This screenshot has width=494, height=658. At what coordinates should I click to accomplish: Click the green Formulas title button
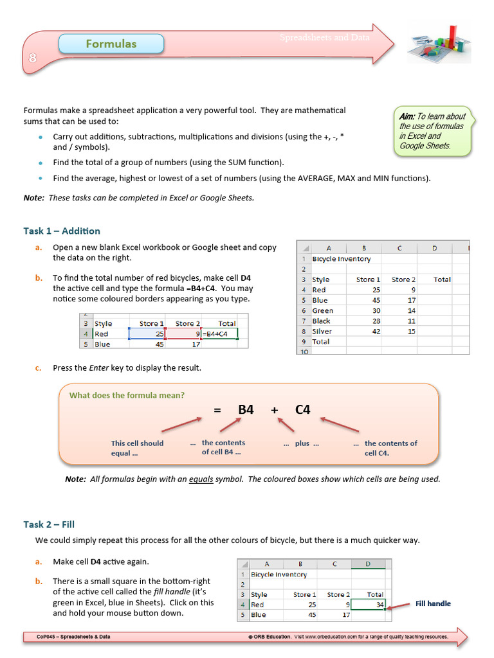coord(111,44)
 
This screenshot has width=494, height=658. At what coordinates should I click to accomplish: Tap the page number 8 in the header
coord(32,58)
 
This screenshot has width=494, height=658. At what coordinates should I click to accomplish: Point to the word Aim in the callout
coord(407,116)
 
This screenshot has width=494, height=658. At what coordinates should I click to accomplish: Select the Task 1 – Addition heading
coord(62,231)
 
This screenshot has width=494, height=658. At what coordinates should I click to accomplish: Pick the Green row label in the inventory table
coord(323,311)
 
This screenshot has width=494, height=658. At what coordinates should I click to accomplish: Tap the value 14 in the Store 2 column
coord(411,311)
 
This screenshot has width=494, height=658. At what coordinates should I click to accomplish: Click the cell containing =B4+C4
coord(219,334)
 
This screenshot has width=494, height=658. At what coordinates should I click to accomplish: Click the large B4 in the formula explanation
coord(246,409)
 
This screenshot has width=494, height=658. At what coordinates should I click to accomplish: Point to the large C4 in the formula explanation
coord(303,409)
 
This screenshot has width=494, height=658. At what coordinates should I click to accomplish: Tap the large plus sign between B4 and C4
coord(275,409)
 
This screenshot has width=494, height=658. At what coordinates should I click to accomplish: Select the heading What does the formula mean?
coord(127,395)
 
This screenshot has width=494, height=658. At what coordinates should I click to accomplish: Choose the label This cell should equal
coord(137,448)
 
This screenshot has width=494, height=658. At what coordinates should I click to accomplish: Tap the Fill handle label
coord(433,603)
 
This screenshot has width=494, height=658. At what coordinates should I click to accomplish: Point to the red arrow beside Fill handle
coord(399,605)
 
